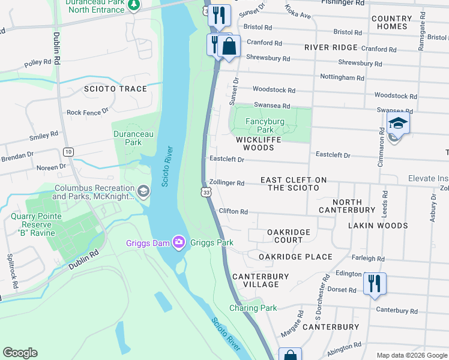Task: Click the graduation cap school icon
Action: coord(397,124)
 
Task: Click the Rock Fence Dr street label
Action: coord(88,112)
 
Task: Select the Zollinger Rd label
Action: coord(227,183)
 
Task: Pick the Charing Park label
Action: coord(253,308)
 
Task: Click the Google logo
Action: coord(20,353)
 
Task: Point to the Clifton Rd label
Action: coord(234,211)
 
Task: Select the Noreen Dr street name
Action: coord(52,167)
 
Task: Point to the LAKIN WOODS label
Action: coord(379,226)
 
